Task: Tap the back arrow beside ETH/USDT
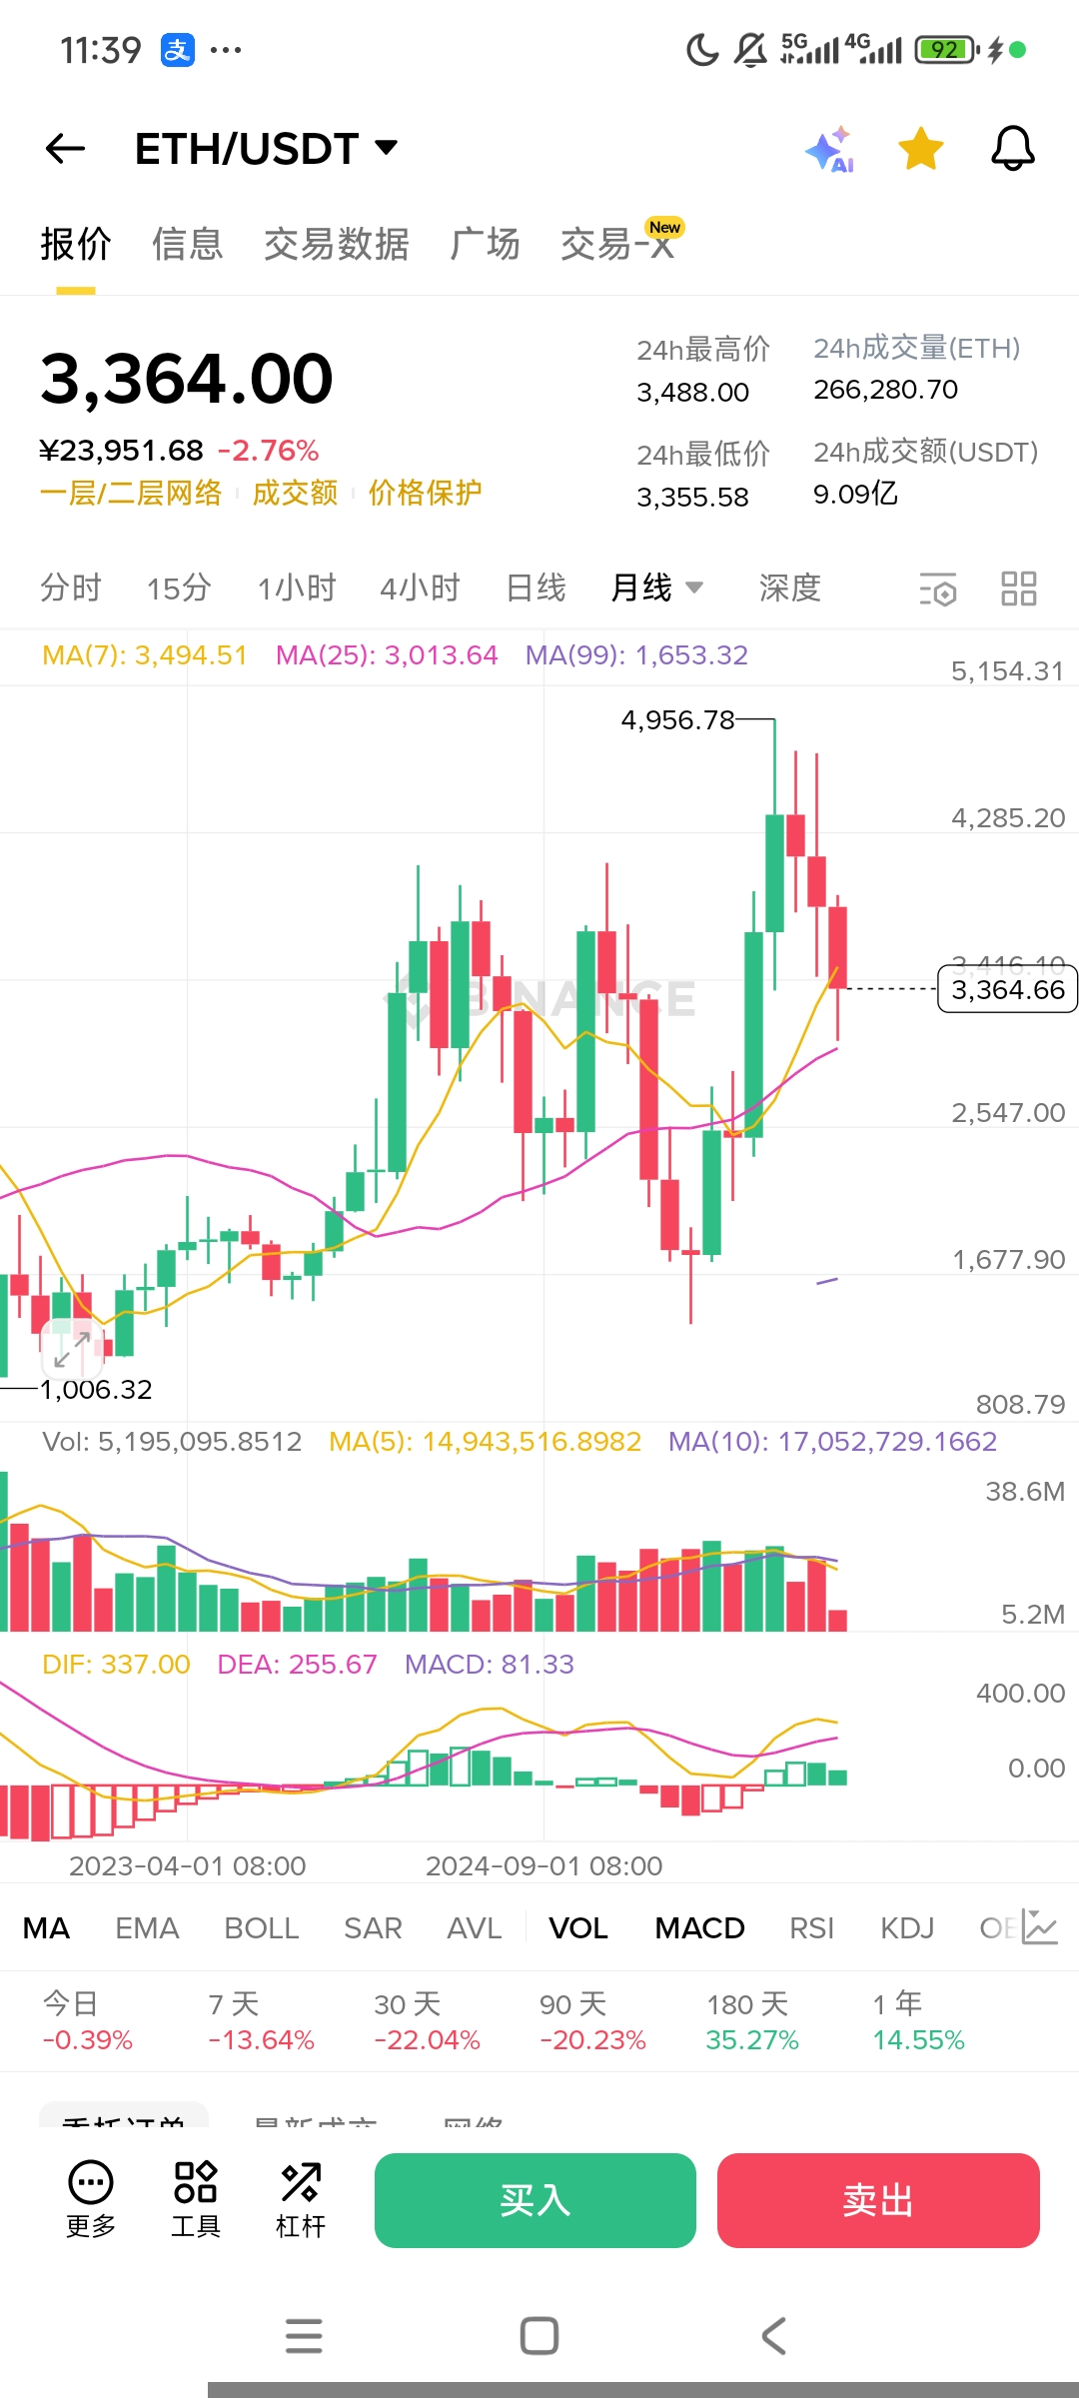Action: point(66,149)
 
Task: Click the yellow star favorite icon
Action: point(920,149)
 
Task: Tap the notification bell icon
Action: point(1012,149)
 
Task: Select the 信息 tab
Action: point(187,244)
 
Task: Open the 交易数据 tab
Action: point(336,244)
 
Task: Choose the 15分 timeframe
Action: point(179,588)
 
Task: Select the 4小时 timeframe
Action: point(420,588)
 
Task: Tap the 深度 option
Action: point(789,588)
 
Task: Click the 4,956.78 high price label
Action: point(677,720)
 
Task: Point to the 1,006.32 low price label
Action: point(96,1390)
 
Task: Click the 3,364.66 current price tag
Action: point(1007,989)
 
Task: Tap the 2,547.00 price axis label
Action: point(1007,1113)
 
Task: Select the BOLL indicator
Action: point(262,1928)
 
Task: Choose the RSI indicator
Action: point(811,1928)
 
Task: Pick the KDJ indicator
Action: point(907,1928)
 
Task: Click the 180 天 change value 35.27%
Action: point(752,2039)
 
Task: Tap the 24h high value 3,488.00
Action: point(692,393)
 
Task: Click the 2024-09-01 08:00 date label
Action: point(543,1865)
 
